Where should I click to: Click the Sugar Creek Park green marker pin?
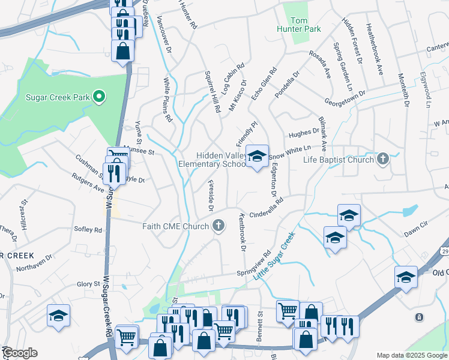pyautogui.click(x=100, y=97)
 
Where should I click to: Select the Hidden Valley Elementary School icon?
pyautogui.click(x=257, y=157)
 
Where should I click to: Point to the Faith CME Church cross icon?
pyautogui.click(x=219, y=226)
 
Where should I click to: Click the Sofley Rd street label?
pyautogui.click(x=88, y=229)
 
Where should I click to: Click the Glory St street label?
pyautogui.click(x=88, y=284)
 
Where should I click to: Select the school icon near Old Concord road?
pyautogui.click(x=406, y=277)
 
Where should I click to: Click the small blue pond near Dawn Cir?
pyautogui.click(x=410, y=211)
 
